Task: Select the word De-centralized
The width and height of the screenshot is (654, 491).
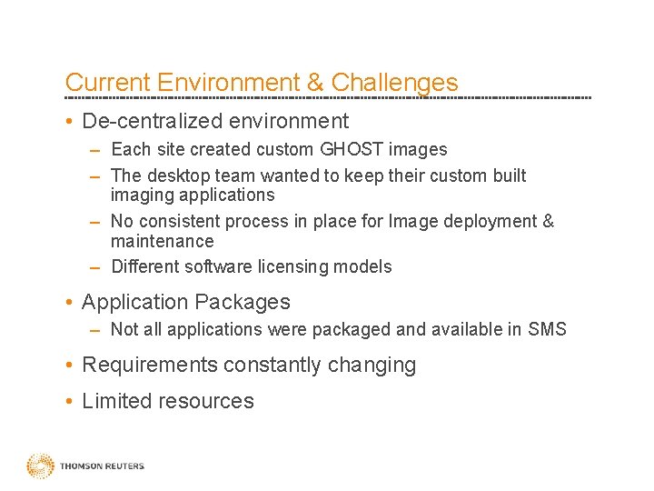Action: [149, 121]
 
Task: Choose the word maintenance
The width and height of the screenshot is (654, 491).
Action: [162, 241]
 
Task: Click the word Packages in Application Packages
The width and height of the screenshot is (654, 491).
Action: [247, 302]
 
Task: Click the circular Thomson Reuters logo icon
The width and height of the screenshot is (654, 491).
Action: [40, 466]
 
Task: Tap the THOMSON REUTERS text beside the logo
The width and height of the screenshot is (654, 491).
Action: [102, 466]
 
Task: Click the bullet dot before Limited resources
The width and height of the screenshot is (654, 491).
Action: [70, 401]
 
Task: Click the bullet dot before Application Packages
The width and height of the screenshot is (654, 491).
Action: [70, 302]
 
